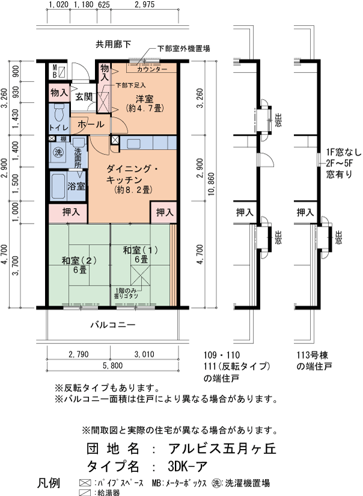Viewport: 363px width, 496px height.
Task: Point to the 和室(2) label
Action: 79,260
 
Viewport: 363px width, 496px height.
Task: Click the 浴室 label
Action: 76,186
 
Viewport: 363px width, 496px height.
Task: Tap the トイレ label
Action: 58,127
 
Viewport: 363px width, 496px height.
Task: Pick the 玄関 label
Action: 83,96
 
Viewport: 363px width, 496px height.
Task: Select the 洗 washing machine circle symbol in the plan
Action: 59,152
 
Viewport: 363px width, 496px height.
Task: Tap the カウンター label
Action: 144,70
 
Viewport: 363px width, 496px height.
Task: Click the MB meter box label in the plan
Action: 54,72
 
